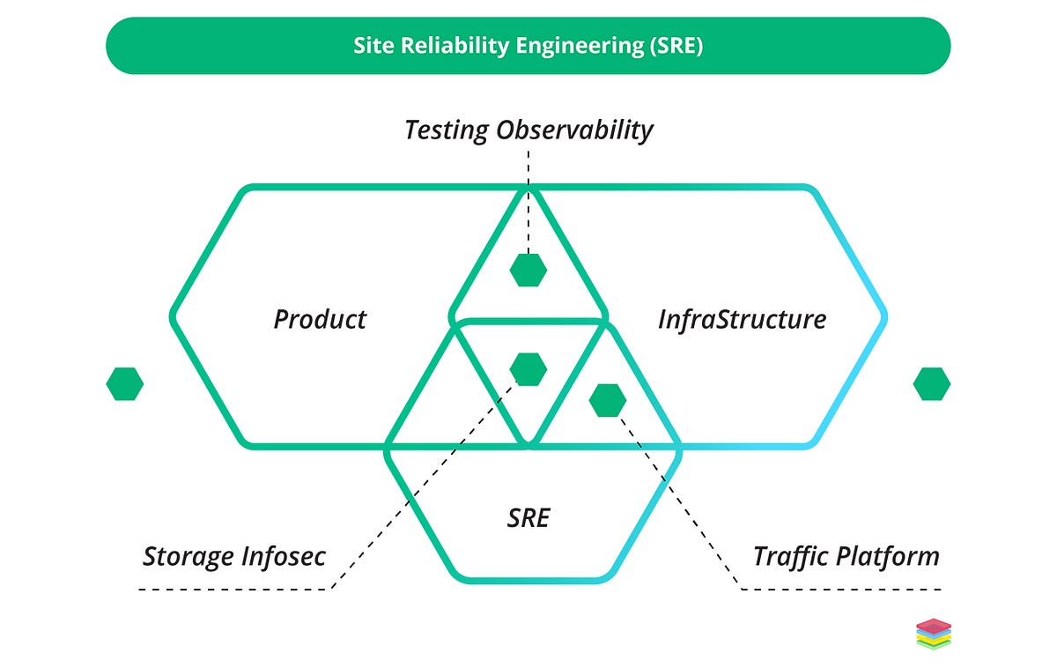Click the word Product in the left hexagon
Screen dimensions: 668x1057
[x=320, y=319]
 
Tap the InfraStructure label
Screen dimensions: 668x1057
[x=742, y=319]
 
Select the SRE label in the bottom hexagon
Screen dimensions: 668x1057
[x=528, y=518]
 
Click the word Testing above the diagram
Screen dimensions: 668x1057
[x=446, y=130]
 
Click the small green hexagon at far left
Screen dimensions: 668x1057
[x=124, y=384]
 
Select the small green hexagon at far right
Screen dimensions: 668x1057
[x=932, y=384]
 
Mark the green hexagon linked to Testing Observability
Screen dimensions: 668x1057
[x=528, y=270]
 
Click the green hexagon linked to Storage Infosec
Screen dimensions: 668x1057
[x=528, y=369]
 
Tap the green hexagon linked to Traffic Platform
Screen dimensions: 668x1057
[x=608, y=400]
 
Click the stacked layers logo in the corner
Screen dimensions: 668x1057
[x=934, y=634]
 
